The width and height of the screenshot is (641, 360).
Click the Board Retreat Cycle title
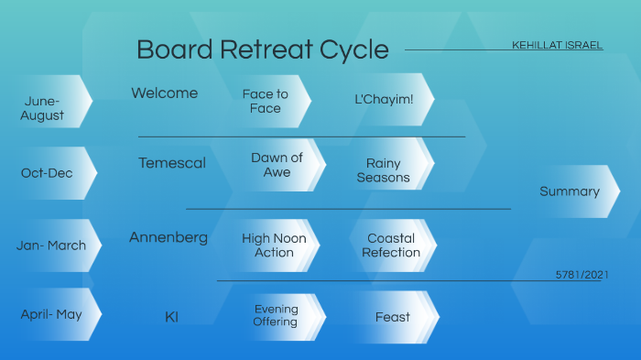pos(263,49)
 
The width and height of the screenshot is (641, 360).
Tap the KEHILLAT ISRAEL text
pos(557,45)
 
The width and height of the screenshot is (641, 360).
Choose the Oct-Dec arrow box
pos(47,172)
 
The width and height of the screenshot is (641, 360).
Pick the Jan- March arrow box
pos(51,245)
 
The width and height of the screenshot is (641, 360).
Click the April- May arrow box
pos(51,314)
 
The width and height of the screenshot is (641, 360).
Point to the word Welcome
pos(165,93)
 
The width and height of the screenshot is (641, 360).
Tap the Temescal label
pos(172,163)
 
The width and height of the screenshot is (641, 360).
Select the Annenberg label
pos(168,237)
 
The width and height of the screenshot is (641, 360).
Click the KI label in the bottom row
pos(171,317)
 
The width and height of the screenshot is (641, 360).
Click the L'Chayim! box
pos(385,99)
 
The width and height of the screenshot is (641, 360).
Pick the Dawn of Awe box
pos(277,165)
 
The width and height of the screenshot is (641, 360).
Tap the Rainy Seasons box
pos(384,170)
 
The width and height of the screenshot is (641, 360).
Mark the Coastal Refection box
pos(391,245)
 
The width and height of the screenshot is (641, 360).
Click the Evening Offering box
pos(276,316)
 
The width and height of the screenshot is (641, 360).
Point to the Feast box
pos(393,317)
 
